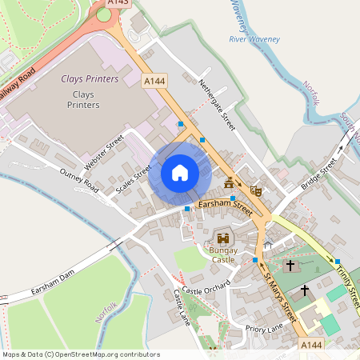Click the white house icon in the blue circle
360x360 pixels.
point(180,173)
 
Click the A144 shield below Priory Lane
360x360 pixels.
point(311,344)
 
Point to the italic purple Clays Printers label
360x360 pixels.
point(90,79)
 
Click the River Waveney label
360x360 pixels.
point(254,38)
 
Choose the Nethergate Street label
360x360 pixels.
point(218,99)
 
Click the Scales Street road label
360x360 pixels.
point(134,181)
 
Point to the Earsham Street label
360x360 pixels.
point(225,208)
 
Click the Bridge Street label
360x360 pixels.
point(318,174)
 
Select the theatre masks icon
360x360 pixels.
point(256,191)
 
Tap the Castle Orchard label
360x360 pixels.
point(206,287)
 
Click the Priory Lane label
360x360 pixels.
point(264,328)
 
